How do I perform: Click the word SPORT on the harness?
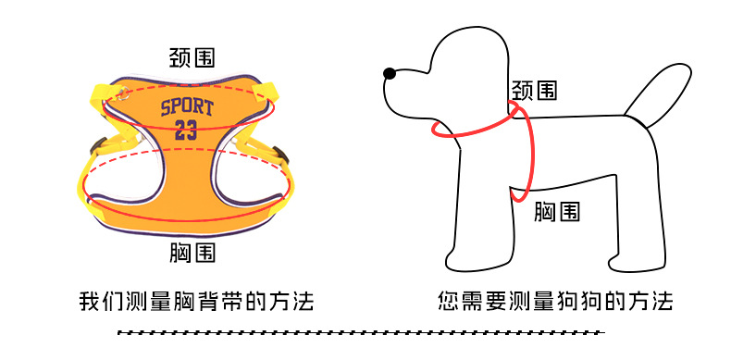click(187, 108)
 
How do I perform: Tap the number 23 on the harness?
click(186, 130)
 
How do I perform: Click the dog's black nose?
click(390, 73)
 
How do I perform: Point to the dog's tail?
click(658, 94)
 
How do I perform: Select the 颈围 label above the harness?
click(192, 57)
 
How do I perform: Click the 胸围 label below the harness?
click(192, 253)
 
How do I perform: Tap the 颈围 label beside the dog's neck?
click(534, 90)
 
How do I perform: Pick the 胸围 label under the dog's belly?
click(557, 212)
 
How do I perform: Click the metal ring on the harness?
click(123, 93)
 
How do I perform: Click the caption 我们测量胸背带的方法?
click(196, 302)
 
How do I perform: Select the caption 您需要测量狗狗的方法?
click(555, 302)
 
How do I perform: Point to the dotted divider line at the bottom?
click(361, 332)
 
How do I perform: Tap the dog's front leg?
click(480, 219)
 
